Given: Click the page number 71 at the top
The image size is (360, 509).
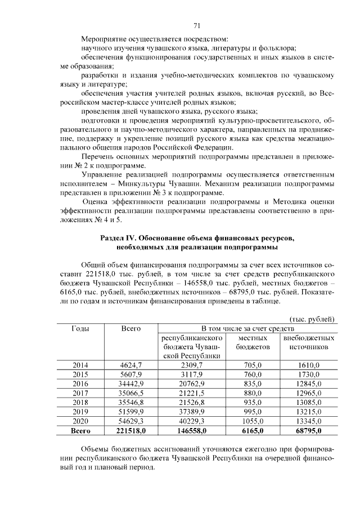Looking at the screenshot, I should coord(197,25).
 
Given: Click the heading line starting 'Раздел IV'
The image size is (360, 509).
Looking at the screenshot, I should coord(197,239).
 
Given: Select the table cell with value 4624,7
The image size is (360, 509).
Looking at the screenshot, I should coord(131,366).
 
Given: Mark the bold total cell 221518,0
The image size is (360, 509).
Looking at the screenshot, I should coord(131,431).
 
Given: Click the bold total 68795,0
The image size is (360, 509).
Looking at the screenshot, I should coord(309,431).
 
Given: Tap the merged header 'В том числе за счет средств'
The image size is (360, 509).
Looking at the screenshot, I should coord(248,328).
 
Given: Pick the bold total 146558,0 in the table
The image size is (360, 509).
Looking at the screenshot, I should coord(192,431).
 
